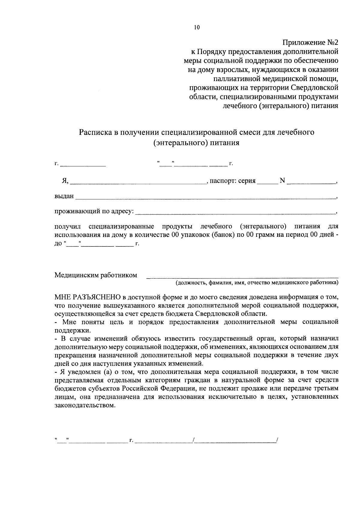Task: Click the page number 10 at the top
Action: tap(196, 28)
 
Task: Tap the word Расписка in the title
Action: tap(95, 132)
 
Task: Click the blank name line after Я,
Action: tap(138, 181)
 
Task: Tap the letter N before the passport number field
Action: tap(282, 181)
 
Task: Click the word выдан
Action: tap(64, 196)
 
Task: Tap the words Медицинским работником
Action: tap(96, 275)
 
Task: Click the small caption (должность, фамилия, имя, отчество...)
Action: tap(257, 282)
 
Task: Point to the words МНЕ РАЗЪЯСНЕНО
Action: tap(88, 297)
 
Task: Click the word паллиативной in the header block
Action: tap(235, 79)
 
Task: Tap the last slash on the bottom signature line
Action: tap(278, 440)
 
